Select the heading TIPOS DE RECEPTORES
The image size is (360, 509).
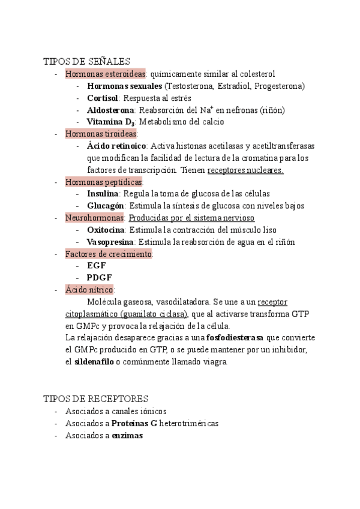[x=95, y=399]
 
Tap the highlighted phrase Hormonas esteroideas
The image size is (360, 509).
[x=106, y=74]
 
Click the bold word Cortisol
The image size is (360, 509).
[x=103, y=98]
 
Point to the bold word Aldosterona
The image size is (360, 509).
[x=110, y=110]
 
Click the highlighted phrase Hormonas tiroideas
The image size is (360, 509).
[x=101, y=134]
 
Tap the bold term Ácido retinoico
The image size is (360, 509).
[x=116, y=146]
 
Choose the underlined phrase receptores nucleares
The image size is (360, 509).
[x=245, y=170]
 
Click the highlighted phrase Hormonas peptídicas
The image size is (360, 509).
[x=104, y=182]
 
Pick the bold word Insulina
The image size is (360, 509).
[x=103, y=194]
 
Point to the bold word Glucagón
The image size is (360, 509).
[x=106, y=206]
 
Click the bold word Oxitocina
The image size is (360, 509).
[x=106, y=230]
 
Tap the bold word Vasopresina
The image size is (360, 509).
[x=110, y=242]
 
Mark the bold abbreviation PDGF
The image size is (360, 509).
[x=100, y=278]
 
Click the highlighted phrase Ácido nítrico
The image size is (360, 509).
[x=89, y=290]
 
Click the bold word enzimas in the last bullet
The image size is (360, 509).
[x=127, y=436]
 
